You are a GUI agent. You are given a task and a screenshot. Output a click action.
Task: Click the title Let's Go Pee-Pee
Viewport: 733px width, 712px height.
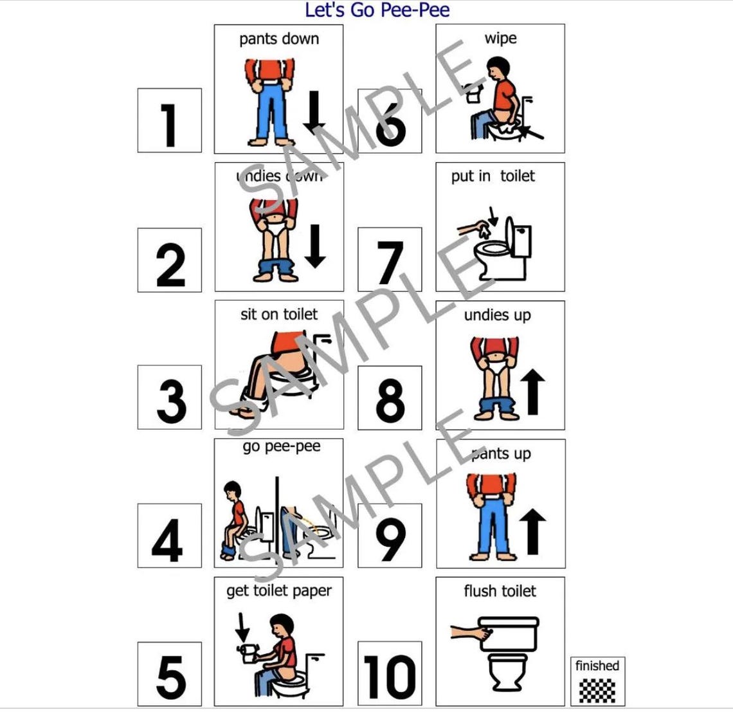coord(377,10)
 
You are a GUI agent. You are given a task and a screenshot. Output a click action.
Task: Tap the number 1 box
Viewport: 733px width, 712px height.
coord(169,121)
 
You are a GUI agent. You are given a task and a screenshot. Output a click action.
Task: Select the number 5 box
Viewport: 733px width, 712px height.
coord(169,674)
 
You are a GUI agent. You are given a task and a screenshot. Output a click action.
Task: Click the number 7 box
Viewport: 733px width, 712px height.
coord(390,260)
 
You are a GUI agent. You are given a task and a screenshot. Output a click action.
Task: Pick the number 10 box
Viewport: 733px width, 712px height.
coord(390,674)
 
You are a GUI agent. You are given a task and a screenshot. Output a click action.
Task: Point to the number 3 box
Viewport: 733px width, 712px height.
coord(169,397)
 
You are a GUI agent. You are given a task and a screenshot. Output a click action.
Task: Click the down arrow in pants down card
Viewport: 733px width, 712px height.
coord(314,112)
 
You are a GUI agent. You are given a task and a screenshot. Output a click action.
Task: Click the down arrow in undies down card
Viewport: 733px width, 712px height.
coord(314,245)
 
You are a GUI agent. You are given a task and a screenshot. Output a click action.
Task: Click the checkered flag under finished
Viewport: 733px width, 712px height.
coord(597,689)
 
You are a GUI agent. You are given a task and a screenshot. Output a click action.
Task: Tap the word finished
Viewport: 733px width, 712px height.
coord(597,666)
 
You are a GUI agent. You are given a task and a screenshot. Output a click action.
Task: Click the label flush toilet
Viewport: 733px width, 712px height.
coord(500,591)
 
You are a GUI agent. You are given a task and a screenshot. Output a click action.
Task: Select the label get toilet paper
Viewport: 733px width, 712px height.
coord(278,590)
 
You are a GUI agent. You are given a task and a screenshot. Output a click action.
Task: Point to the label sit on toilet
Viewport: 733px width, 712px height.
coord(278,314)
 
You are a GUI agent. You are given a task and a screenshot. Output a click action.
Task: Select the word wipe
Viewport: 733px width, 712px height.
coord(500,39)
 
